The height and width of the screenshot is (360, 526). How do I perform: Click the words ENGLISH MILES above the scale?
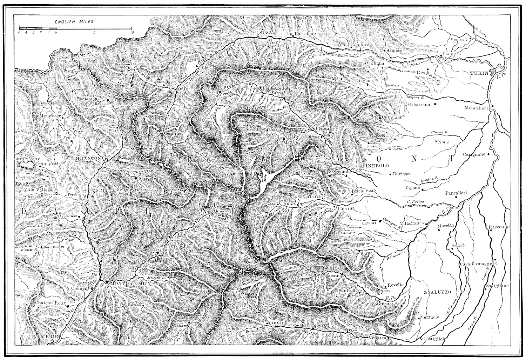pyautogui.click(x=74, y=22)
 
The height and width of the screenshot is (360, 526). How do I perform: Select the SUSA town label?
pyautogui.click(x=263, y=32)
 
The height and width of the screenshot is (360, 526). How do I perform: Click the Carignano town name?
pyautogui.click(x=474, y=154)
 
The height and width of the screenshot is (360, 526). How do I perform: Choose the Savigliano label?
pyautogui.click(x=497, y=286)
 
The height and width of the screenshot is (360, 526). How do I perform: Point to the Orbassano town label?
pyautogui.click(x=419, y=104)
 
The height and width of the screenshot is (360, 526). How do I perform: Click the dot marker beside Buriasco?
pyautogui.click(x=390, y=173)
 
